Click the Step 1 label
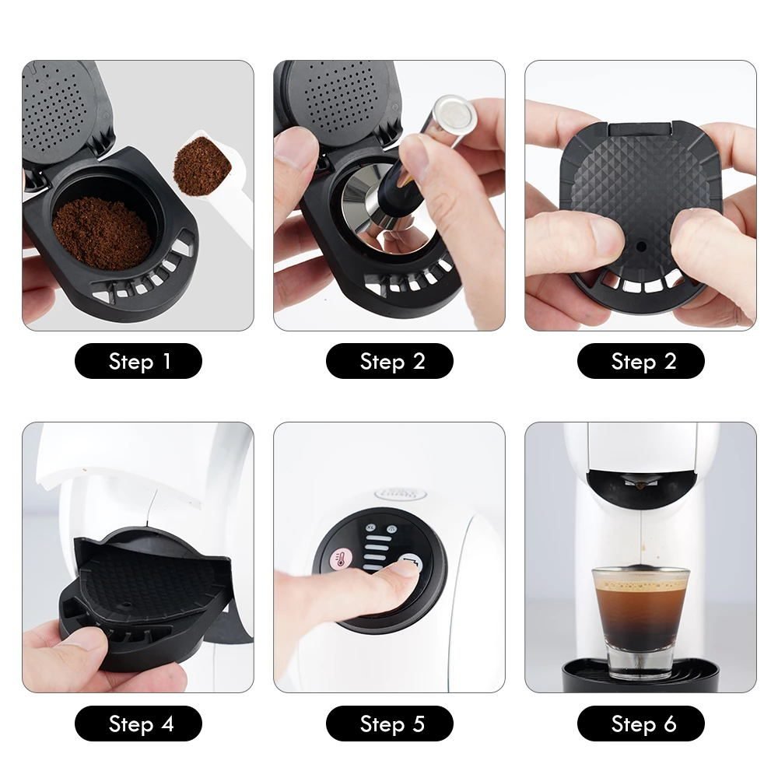point(138,361)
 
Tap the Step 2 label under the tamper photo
point(389,361)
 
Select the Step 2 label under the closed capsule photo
point(640,361)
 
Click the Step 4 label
point(138,724)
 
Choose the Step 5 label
point(389,724)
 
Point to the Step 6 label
point(640,724)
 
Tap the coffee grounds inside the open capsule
point(101,232)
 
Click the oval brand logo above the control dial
point(401,493)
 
